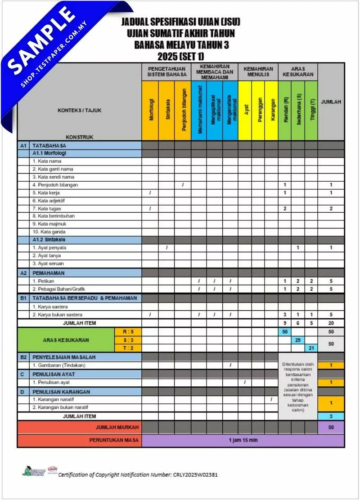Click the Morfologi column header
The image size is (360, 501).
[151, 111]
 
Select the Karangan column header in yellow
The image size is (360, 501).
[271, 111]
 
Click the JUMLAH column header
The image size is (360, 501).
[331, 102]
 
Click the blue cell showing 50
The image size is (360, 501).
[284, 331]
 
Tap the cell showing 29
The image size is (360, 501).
[297, 340]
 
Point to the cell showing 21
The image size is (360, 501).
[311, 348]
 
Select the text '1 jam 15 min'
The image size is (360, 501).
[243, 440]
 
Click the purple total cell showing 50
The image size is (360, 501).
[331, 427]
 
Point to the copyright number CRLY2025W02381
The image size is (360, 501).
[195, 474]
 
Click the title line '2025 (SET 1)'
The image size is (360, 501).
[180, 57]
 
